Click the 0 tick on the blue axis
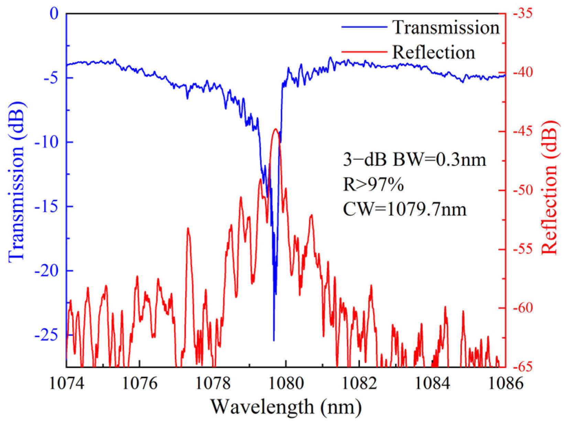pyautogui.click(x=54, y=14)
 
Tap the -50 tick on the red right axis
pyautogui.click(x=522, y=191)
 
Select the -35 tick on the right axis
pyautogui.click(x=522, y=14)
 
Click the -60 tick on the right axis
pyautogui.click(x=522, y=308)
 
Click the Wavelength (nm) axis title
pyautogui.click(x=286, y=407)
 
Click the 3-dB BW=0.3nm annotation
pyautogui.click(x=414, y=159)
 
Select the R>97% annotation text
pyautogui.click(x=373, y=185)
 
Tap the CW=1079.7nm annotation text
pyautogui.click(x=405, y=209)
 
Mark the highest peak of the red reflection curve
pyautogui.click(x=275, y=129)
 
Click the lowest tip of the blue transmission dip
pyautogui.click(x=274, y=340)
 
